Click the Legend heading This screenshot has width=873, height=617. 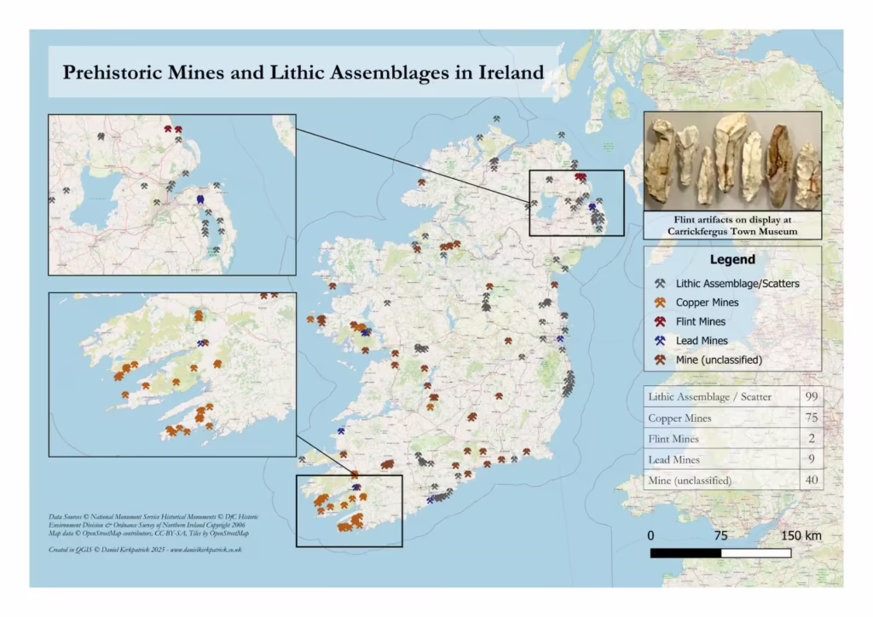(x=731, y=259)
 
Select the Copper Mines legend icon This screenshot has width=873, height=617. (x=660, y=303)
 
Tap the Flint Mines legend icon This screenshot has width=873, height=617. (x=660, y=322)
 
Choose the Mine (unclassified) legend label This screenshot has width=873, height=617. (x=719, y=360)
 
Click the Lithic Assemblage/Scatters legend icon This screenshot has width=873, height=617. (x=660, y=284)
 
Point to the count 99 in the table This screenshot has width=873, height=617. (x=811, y=397)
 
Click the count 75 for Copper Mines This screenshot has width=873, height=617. (x=811, y=418)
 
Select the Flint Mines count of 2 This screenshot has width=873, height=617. (x=811, y=439)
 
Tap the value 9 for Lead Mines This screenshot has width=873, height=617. (x=811, y=460)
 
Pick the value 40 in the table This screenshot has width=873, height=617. (x=811, y=481)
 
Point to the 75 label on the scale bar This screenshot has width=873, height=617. (x=720, y=536)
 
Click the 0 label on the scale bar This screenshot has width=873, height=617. (x=651, y=536)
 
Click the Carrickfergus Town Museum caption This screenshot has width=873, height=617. (x=731, y=231)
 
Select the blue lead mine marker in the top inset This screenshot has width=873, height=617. (x=199, y=199)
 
